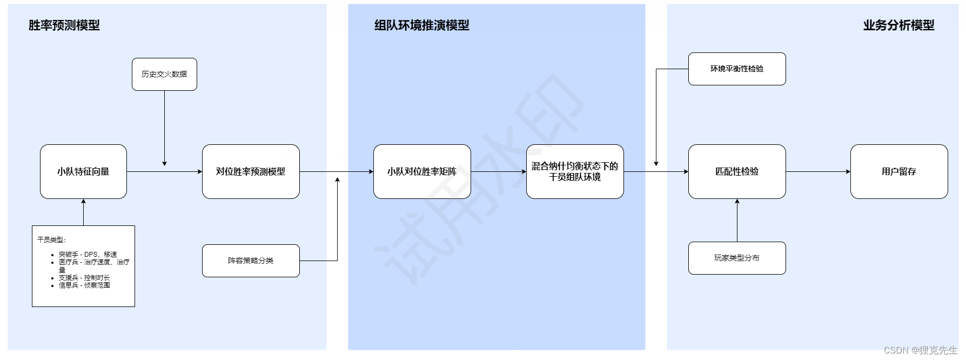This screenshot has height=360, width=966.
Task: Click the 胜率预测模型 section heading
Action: tap(64, 25)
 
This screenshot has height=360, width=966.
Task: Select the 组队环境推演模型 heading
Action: tap(422, 25)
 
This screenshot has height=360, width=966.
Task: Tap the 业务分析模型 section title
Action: tap(898, 25)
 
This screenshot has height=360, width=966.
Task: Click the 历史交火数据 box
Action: tap(164, 74)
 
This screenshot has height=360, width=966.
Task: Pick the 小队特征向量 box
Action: tap(83, 171)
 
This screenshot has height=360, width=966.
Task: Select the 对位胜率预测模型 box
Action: tap(251, 171)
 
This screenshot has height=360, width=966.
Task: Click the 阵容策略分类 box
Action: tap(251, 261)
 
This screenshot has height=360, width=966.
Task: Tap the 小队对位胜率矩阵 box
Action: tap(422, 171)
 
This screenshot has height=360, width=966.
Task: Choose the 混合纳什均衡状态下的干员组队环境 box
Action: tap(575, 171)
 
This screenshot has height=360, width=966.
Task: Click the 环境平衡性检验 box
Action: tap(737, 69)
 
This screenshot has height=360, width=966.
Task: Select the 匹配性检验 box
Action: tap(737, 171)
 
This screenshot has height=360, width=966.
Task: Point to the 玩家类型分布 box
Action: tap(737, 258)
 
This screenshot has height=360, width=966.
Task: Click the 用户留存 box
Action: tap(899, 171)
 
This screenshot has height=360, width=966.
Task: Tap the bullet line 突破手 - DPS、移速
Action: tap(88, 254)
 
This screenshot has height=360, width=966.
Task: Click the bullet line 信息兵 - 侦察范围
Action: tap(84, 285)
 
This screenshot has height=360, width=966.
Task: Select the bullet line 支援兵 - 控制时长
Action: tap(84, 277)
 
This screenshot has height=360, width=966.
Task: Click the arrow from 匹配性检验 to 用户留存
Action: tap(818, 171)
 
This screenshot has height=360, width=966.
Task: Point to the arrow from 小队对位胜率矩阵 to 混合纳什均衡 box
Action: tap(498, 171)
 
